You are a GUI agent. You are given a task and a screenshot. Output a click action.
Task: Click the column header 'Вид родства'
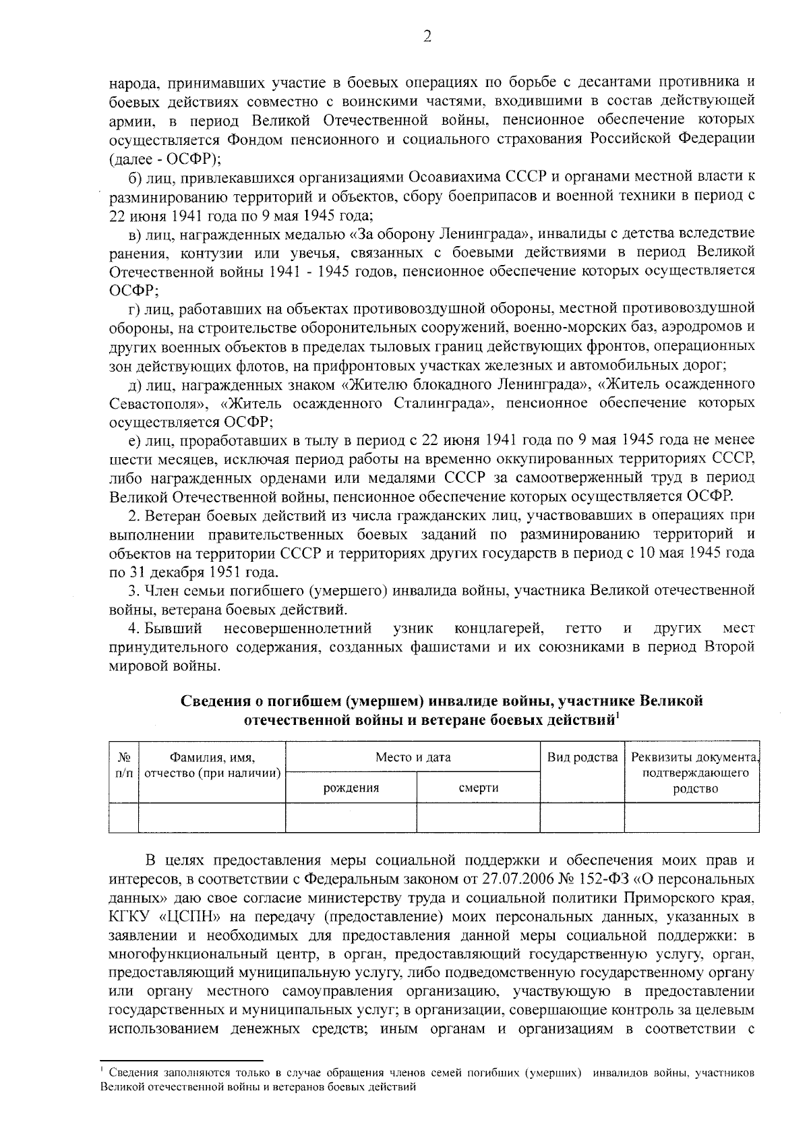(x=582, y=757)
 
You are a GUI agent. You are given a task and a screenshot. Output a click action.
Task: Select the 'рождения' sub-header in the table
(x=351, y=788)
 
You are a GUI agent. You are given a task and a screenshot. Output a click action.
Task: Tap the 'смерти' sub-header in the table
(x=478, y=788)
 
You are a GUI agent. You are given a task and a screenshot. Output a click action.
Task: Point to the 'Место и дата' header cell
(x=413, y=757)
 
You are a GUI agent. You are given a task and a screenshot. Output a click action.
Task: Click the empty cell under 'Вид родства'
(x=582, y=817)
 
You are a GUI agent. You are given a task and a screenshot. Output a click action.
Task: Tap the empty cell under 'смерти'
(x=478, y=817)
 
